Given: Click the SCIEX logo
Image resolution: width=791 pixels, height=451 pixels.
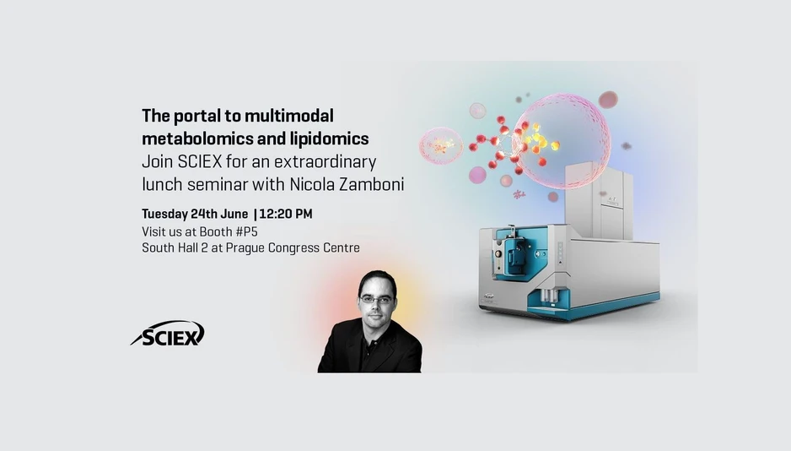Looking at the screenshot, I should (168, 334).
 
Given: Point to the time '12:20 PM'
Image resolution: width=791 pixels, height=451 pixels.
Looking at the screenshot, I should (286, 214).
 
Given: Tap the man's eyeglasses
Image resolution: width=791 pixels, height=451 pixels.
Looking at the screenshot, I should (376, 299).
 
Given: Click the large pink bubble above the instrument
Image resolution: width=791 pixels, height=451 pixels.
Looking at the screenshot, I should (561, 139).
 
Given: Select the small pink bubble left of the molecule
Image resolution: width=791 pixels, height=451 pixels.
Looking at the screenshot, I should (440, 144).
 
